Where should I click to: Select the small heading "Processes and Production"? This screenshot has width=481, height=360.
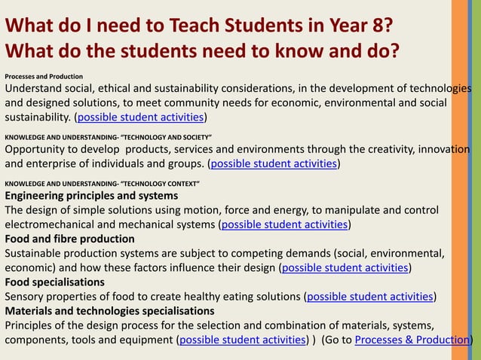pos(44,76)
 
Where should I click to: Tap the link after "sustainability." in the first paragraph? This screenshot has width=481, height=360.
pos(141,117)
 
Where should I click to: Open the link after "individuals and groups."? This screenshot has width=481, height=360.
pos(274,163)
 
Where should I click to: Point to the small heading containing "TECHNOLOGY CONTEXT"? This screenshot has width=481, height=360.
pos(103,183)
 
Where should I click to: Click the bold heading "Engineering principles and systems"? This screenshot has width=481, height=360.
pos(91,196)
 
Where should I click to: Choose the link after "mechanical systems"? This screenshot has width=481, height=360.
pos(284,224)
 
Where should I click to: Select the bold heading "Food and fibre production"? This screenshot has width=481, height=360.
pos(69,239)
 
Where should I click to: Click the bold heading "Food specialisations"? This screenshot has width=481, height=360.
pos(55,282)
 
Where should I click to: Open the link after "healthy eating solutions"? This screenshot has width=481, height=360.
pos(370,296)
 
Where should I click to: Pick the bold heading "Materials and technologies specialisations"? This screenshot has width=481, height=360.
pos(109,310)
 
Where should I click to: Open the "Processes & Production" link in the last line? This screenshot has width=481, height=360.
pos(412,339)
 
